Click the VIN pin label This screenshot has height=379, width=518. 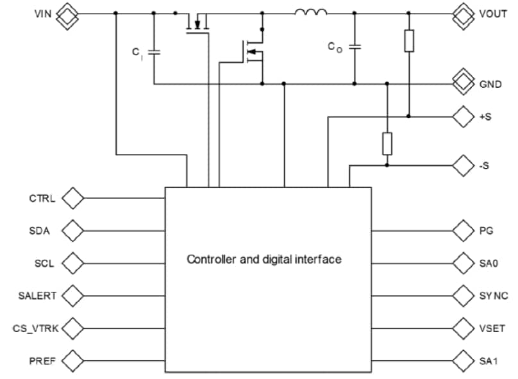coord(43,13)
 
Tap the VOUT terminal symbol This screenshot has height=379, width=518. coord(462,13)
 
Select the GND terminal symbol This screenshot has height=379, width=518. coord(462,83)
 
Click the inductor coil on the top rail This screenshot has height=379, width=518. coord(311,11)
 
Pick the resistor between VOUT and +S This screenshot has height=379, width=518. coord(408,41)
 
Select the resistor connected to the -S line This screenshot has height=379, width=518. coord(387,143)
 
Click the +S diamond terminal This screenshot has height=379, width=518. coord(462,117)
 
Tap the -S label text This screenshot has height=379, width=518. coord(485,166)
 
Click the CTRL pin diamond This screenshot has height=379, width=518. coord(73,199)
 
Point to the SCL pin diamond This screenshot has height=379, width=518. coord(73,263)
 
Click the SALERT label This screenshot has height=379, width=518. coord(37,296)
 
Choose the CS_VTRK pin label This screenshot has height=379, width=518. coord(35,328)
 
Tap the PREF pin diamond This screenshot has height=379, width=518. coord(73,360)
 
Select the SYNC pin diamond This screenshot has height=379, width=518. coord(462,296)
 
